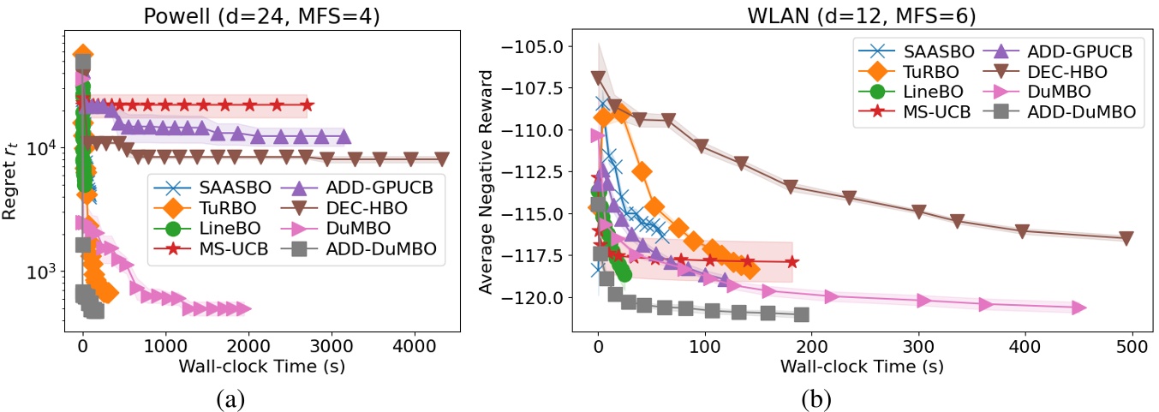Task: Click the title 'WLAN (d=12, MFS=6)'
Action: (x=857, y=13)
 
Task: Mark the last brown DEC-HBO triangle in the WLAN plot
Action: (x=1126, y=238)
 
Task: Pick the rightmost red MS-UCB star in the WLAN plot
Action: (x=792, y=262)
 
